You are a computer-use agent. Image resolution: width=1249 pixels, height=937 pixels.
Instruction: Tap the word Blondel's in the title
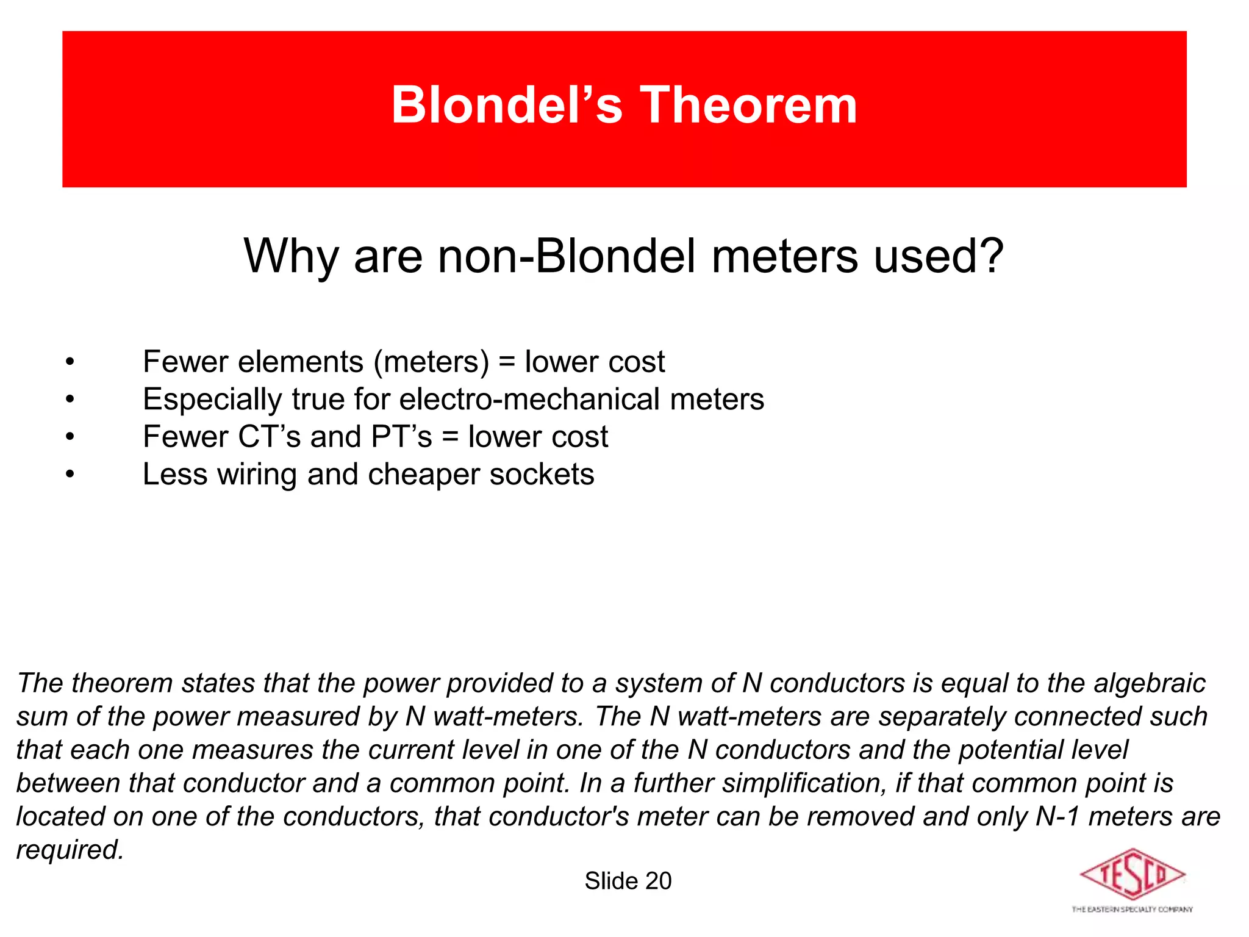point(507,105)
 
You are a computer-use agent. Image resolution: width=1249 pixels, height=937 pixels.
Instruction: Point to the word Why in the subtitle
point(291,256)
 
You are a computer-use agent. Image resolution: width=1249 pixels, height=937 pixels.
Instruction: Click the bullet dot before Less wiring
point(71,475)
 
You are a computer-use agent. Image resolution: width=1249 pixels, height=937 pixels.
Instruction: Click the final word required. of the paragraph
point(70,850)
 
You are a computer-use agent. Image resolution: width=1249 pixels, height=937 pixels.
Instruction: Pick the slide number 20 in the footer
point(658,881)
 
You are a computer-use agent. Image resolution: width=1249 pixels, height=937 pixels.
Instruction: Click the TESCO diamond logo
point(1131,874)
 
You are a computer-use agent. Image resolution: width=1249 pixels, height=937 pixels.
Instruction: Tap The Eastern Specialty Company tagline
point(1131,910)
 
